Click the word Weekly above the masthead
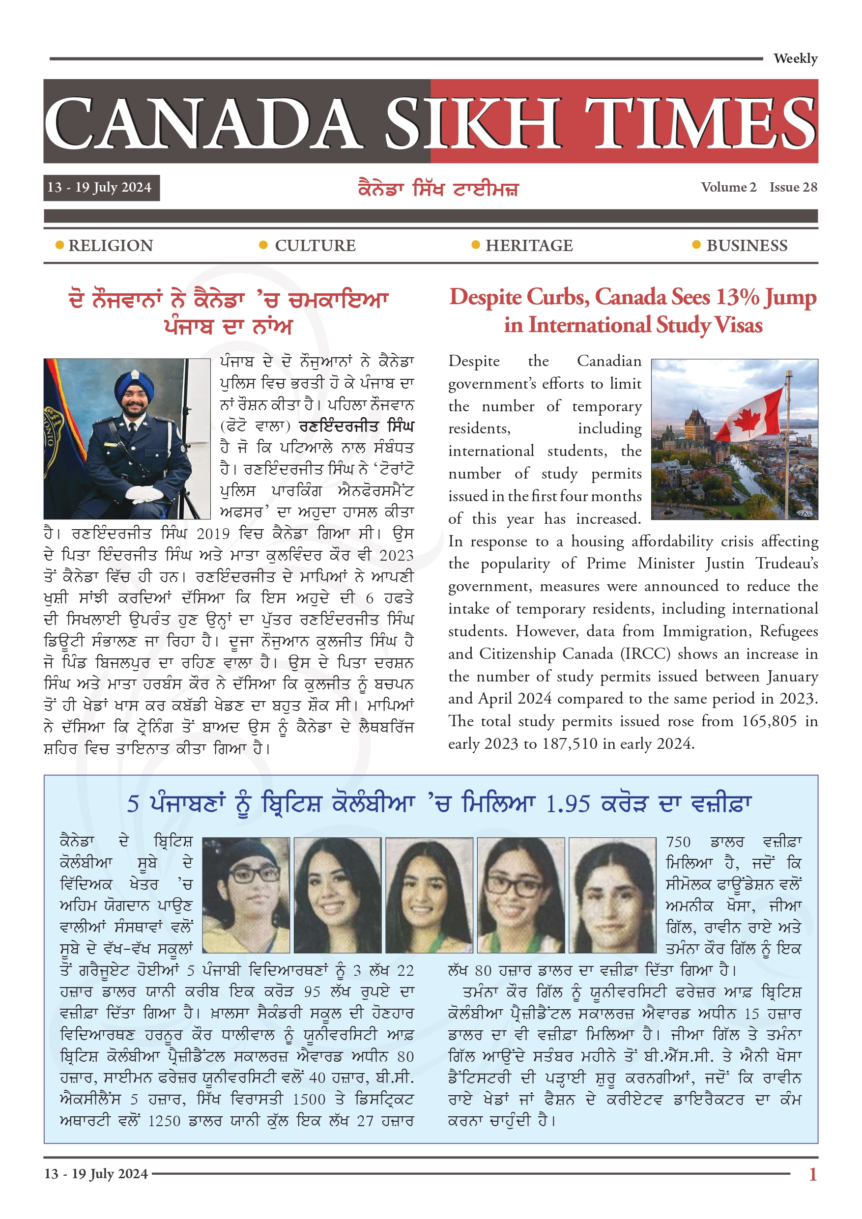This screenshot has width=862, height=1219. tap(795, 58)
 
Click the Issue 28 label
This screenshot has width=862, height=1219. tap(793, 187)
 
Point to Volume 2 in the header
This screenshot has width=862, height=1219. tap(728, 187)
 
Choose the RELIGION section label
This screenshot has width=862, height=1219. tap(111, 246)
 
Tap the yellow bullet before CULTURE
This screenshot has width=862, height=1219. tap(263, 245)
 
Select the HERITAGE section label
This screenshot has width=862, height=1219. tap(529, 246)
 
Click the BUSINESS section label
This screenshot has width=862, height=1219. tap(747, 246)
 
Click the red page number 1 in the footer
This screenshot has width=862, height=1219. tap(812, 1174)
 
